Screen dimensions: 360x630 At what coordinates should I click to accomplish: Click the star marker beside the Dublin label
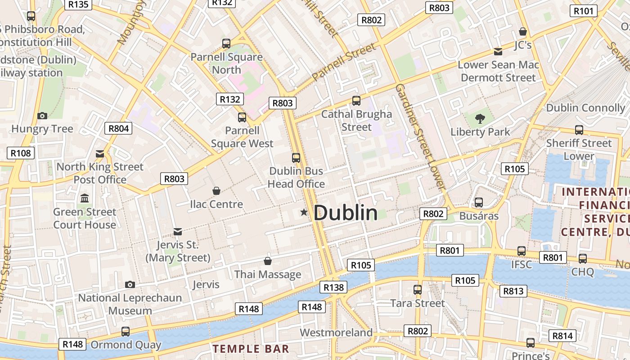tap(304, 212)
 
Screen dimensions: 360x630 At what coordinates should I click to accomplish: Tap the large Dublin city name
tap(345, 213)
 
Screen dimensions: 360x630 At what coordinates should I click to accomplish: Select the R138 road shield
tap(333, 287)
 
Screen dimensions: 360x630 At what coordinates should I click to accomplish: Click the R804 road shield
tap(119, 128)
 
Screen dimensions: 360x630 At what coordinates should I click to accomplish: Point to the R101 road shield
tap(584, 11)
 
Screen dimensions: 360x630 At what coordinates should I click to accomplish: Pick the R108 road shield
tap(21, 153)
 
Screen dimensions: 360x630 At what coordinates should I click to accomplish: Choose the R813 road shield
tap(513, 291)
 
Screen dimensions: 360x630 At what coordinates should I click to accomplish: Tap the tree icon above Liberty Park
tap(480, 119)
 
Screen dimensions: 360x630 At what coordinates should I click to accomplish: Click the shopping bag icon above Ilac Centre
tap(216, 191)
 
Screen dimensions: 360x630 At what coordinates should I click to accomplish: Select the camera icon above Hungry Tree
tap(42, 116)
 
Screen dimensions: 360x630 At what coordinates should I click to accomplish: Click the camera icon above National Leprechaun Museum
tap(130, 284)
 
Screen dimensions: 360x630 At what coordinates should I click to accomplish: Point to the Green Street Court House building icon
tap(85, 198)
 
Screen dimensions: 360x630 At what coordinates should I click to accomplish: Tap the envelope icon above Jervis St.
tap(178, 232)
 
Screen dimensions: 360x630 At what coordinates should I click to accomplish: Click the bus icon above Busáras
tap(479, 202)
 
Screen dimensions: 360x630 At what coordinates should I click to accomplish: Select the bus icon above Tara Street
tap(418, 290)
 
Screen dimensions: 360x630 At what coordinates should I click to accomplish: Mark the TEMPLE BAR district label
tap(251, 349)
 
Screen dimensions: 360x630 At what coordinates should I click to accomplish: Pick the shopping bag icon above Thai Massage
tap(268, 261)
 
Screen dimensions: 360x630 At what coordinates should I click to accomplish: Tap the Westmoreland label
tap(336, 333)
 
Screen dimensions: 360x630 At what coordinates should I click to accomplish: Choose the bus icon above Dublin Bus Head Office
tap(296, 158)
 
